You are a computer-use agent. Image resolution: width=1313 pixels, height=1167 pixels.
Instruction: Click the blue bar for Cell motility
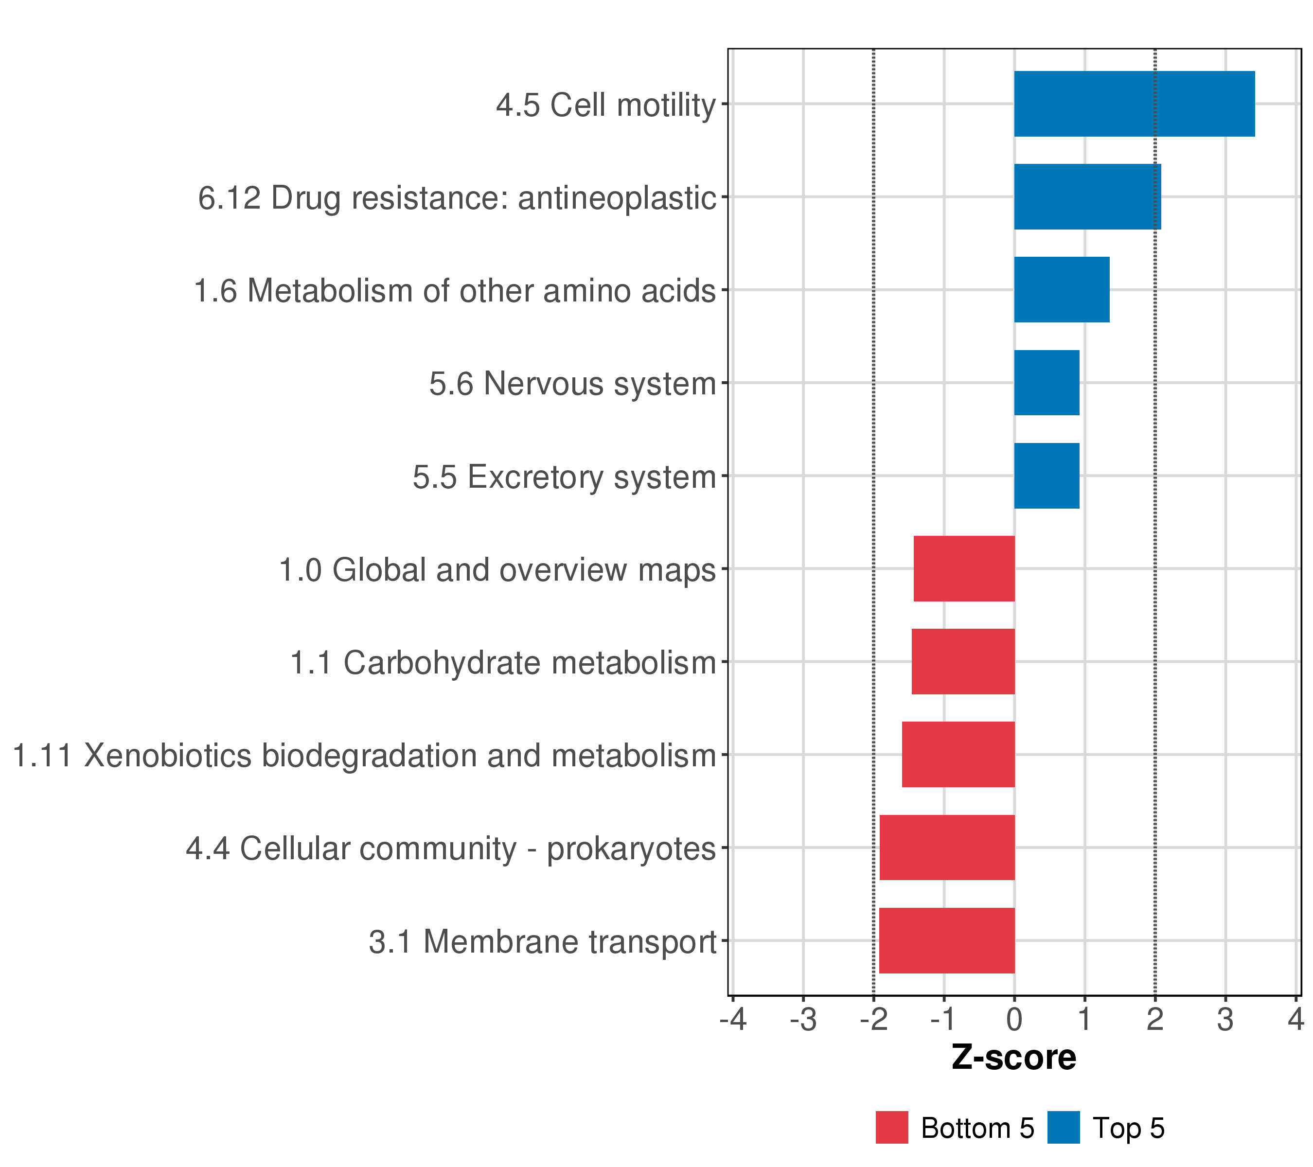1134,104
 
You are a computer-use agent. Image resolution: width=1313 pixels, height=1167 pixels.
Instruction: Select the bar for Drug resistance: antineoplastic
1087,196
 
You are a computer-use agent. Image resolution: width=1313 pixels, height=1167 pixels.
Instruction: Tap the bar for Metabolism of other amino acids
1061,290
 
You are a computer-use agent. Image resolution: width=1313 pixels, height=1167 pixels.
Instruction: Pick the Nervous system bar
1047,383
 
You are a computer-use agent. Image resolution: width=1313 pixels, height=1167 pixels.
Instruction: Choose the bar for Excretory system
1047,476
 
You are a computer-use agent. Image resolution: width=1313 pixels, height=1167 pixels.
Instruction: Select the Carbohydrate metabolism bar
963,661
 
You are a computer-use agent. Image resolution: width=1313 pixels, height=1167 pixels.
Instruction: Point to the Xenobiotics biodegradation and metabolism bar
958,755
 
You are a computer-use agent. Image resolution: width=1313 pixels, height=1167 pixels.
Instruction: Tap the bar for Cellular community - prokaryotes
947,848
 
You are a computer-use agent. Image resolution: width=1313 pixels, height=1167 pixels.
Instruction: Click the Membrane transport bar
946,940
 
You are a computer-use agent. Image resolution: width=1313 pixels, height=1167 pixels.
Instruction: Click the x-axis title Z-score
1013,1057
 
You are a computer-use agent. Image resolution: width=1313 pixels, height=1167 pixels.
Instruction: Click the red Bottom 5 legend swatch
891,1127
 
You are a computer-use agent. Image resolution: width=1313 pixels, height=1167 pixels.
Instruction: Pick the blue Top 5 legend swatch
1063,1127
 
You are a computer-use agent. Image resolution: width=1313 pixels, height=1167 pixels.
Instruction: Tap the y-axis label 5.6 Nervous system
572,384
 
